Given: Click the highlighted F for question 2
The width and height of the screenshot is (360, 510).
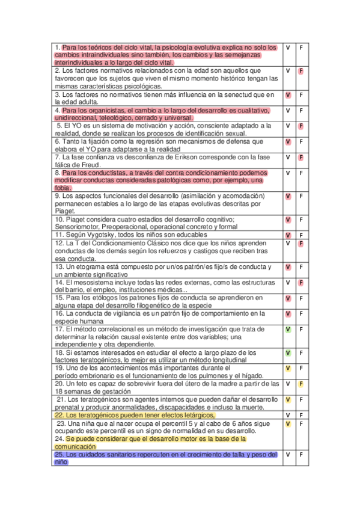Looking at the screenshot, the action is [x=301, y=71].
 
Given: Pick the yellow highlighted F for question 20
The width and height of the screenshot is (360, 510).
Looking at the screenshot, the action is [x=301, y=384].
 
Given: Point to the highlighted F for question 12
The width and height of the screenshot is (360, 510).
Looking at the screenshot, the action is [x=301, y=244].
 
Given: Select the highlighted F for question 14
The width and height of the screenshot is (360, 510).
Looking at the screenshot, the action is [x=301, y=283].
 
